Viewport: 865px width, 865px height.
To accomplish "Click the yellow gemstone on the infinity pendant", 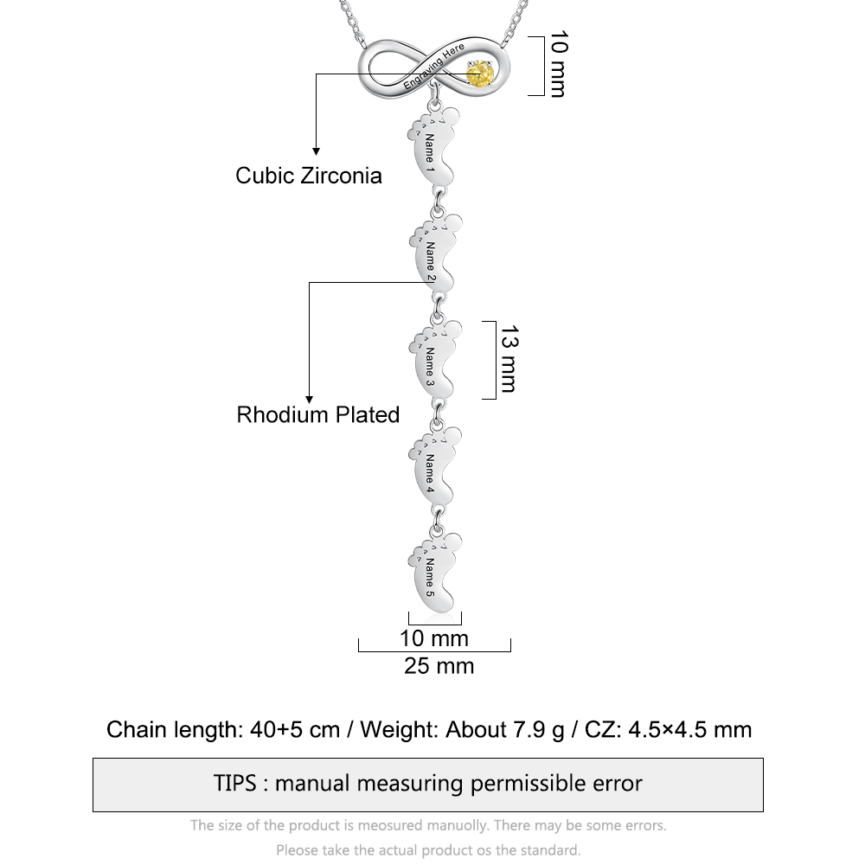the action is (x=479, y=74).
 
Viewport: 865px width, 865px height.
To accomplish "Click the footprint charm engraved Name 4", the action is (x=435, y=466).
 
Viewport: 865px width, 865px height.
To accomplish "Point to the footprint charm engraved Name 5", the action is (x=435, y=572).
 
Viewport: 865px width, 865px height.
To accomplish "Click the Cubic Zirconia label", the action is (x=309, y=176).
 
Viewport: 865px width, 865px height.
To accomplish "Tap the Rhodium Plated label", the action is (x=317, y=415).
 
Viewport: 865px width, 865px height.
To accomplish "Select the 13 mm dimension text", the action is (x=509, y=359).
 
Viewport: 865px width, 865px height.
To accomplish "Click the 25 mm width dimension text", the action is (x=439, y=666).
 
